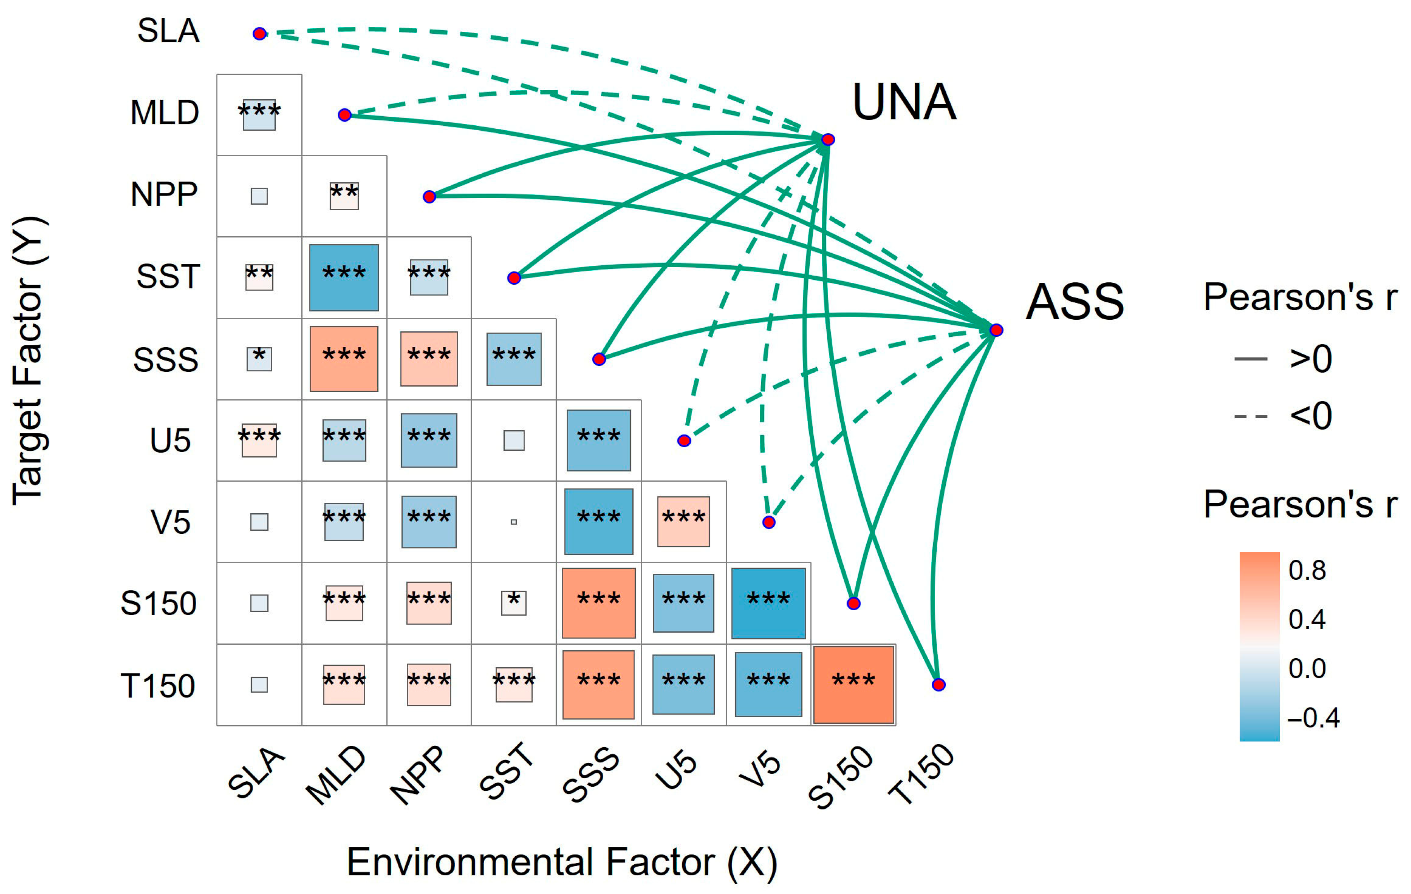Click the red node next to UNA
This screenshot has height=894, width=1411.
click(827, 140)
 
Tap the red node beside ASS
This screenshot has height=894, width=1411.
click(996, 330)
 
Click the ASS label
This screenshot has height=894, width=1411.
click(1075, 302)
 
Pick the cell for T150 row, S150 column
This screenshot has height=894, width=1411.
click(853, 684)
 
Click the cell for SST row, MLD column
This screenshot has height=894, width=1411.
click(344, 277)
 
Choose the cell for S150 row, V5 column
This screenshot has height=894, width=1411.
click(768, 603)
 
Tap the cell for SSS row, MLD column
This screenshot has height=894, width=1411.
click(344, 358)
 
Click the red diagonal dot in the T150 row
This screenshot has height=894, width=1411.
click(938, 684)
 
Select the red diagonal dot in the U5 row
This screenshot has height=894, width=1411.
click(684, 440)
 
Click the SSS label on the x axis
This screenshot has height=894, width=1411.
click(591, 775)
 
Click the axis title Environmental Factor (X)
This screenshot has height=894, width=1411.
click(562, 863)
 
